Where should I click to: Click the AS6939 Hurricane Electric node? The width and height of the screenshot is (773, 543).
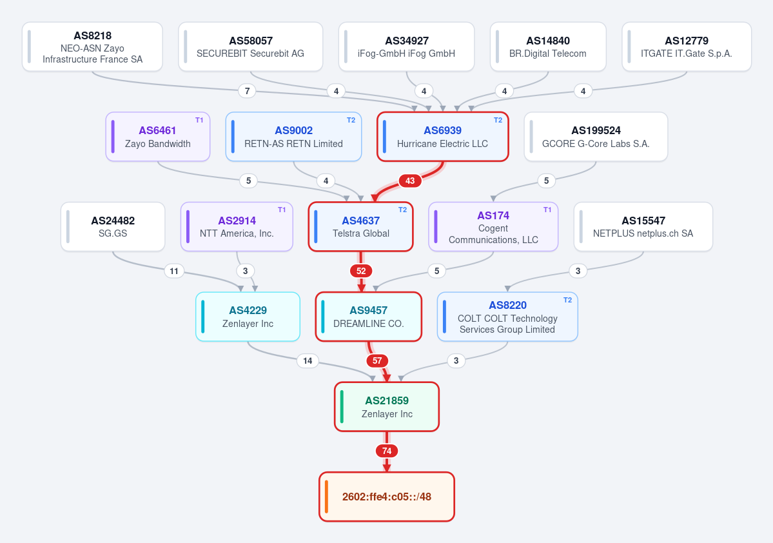[x=442, y=137]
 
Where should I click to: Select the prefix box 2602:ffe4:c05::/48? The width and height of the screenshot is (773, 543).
[x=387, y=497]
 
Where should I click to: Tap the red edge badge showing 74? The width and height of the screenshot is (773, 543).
[x=387, y=451]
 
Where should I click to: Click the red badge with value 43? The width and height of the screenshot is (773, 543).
[x=409, y=181]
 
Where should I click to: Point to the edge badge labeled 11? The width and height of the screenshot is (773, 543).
[x=174, y=271]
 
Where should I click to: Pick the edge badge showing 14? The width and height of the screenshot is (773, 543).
[x=308, y=361]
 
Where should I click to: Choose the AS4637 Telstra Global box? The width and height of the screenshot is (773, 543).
[x=361, y=227]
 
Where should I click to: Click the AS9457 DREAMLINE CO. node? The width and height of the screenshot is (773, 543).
[x=368, y=317]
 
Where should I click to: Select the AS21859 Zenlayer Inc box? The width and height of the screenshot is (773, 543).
[x=387, y=407]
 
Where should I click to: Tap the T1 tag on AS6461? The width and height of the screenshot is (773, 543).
[x=199, y=120]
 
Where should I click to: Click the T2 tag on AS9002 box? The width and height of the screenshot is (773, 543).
[x=351, y=120]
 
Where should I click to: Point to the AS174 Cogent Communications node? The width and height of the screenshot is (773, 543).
[x=493, y=227]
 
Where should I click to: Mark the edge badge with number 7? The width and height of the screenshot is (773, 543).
[x=247, y=91]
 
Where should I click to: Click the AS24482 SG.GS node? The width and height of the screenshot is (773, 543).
[x=113, y=227]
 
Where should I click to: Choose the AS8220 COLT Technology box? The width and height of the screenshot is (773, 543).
[x=507, y=317]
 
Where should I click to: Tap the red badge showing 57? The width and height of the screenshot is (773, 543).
[x=377, y=361]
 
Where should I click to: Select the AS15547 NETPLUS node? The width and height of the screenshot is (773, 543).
[x=643, y=227]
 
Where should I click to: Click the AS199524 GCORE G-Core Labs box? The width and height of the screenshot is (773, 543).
[x=596, y=137]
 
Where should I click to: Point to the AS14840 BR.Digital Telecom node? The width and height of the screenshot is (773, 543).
[x=548, y=47]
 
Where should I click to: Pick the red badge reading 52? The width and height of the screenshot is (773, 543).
[x=361, y=271]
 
